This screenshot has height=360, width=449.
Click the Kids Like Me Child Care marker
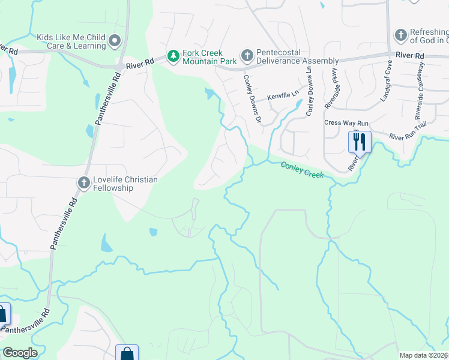[x=115, y=41]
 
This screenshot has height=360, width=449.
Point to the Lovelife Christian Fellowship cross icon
[x=84, y=182]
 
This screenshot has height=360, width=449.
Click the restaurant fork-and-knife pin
[x=360, y=142]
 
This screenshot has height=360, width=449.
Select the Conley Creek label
[x=303, y=170]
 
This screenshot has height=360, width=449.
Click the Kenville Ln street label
[x=283, y=95]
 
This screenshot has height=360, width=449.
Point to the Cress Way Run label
[x=346, y=122]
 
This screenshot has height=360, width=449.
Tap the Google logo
[x=20, y=353]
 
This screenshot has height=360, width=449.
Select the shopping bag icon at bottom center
[x=127, y=353]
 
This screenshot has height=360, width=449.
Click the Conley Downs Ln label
[x=310, y=89]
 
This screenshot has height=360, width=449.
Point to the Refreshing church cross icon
[x=400, y=36]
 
